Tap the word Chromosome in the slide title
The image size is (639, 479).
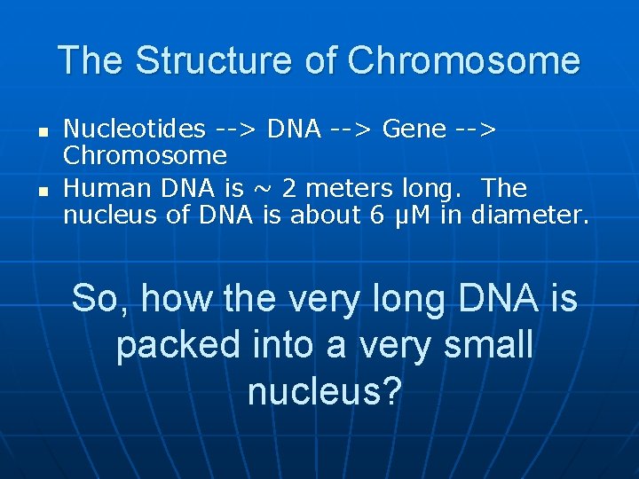point(463,61)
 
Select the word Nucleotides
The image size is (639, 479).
point(134,130)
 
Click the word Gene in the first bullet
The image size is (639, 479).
point(414,130)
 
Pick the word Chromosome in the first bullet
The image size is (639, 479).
point(145,156)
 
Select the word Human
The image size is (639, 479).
point(99,189)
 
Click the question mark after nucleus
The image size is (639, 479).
point(391,391)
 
